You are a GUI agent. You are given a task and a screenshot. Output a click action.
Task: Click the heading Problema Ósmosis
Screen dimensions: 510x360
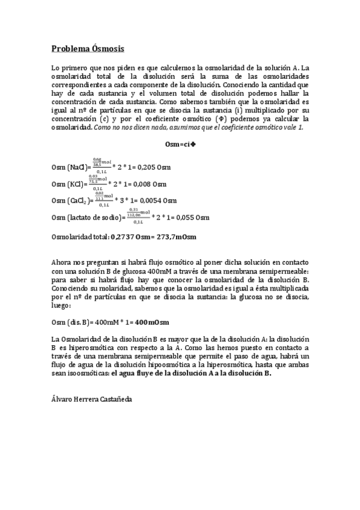pyautogui.click(x=88, y=48)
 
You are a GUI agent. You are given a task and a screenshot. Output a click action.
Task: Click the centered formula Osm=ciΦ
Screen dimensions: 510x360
pyautogui.click(x=180, y=144)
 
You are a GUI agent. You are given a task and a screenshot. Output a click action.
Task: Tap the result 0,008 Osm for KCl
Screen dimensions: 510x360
pyautogui.click(x=148, y=184)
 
